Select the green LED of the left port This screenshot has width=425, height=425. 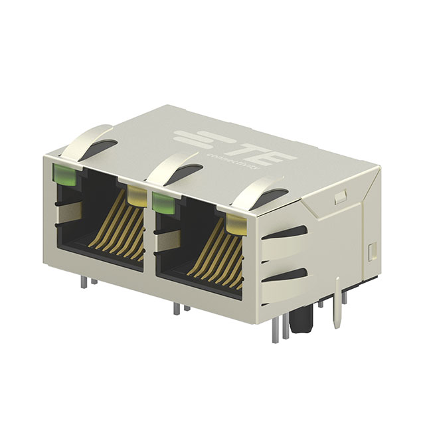tap(64, 174)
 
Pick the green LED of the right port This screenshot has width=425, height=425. tap(162, 201)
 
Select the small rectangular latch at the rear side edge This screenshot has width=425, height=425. tap(371, 251)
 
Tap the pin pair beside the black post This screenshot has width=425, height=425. tap(279, 329)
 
